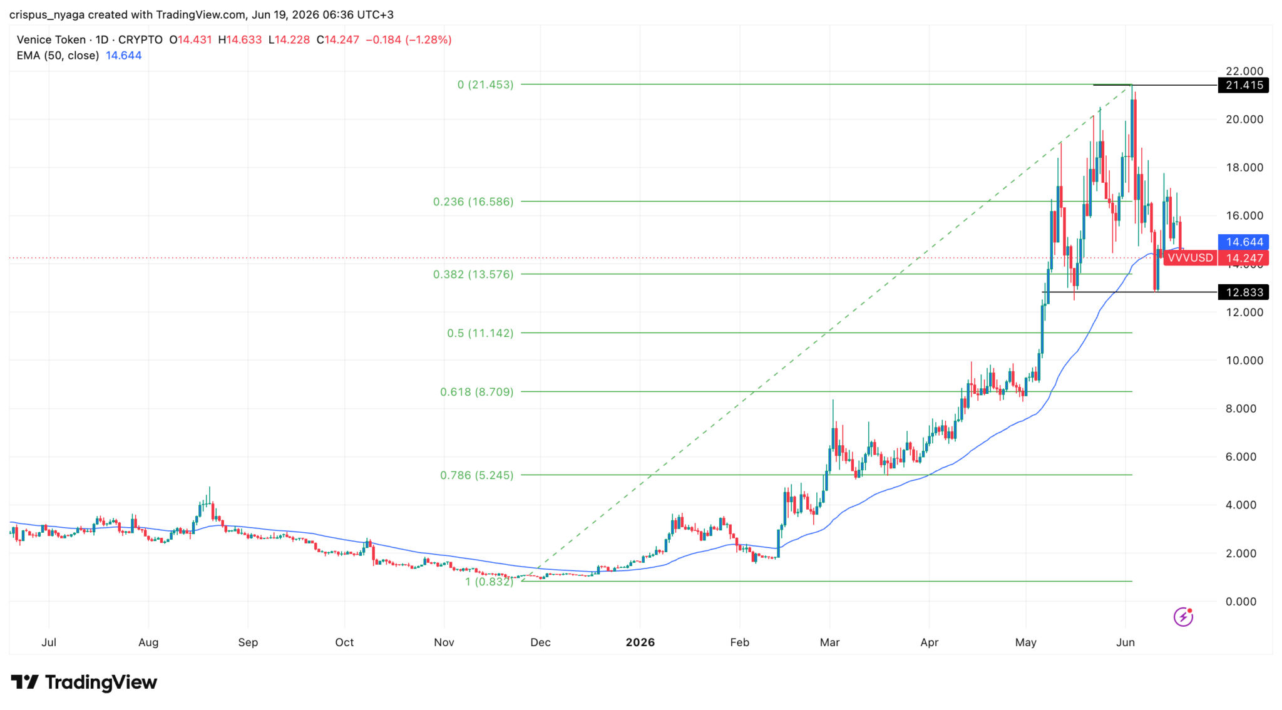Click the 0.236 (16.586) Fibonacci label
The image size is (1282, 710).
[473, 202]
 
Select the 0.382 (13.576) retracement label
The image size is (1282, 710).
[473, 274]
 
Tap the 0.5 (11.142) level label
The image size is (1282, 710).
[480, 333]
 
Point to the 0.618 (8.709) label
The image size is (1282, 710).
[476, 392]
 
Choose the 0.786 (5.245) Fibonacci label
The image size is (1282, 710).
[476, 475]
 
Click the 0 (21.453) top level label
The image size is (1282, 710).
[485, 85]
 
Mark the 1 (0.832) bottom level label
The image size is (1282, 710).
[489, 582]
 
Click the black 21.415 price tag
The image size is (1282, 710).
[1243, 85]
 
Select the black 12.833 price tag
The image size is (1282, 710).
[1243, 292]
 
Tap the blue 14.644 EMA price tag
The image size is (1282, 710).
[1243, 242]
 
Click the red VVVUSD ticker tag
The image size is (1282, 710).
[1190, 258]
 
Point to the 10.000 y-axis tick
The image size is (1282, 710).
[1244, 361]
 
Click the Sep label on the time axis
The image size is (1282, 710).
[248, 642]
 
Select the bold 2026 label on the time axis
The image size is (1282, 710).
[640, 642]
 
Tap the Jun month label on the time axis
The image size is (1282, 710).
[1126, 642]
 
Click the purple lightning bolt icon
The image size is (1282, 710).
[1183, 617]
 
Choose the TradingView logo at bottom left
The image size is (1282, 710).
[84, 682]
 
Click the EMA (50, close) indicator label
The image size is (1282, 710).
[58, 56]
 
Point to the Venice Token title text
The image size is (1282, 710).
[51, 40]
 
